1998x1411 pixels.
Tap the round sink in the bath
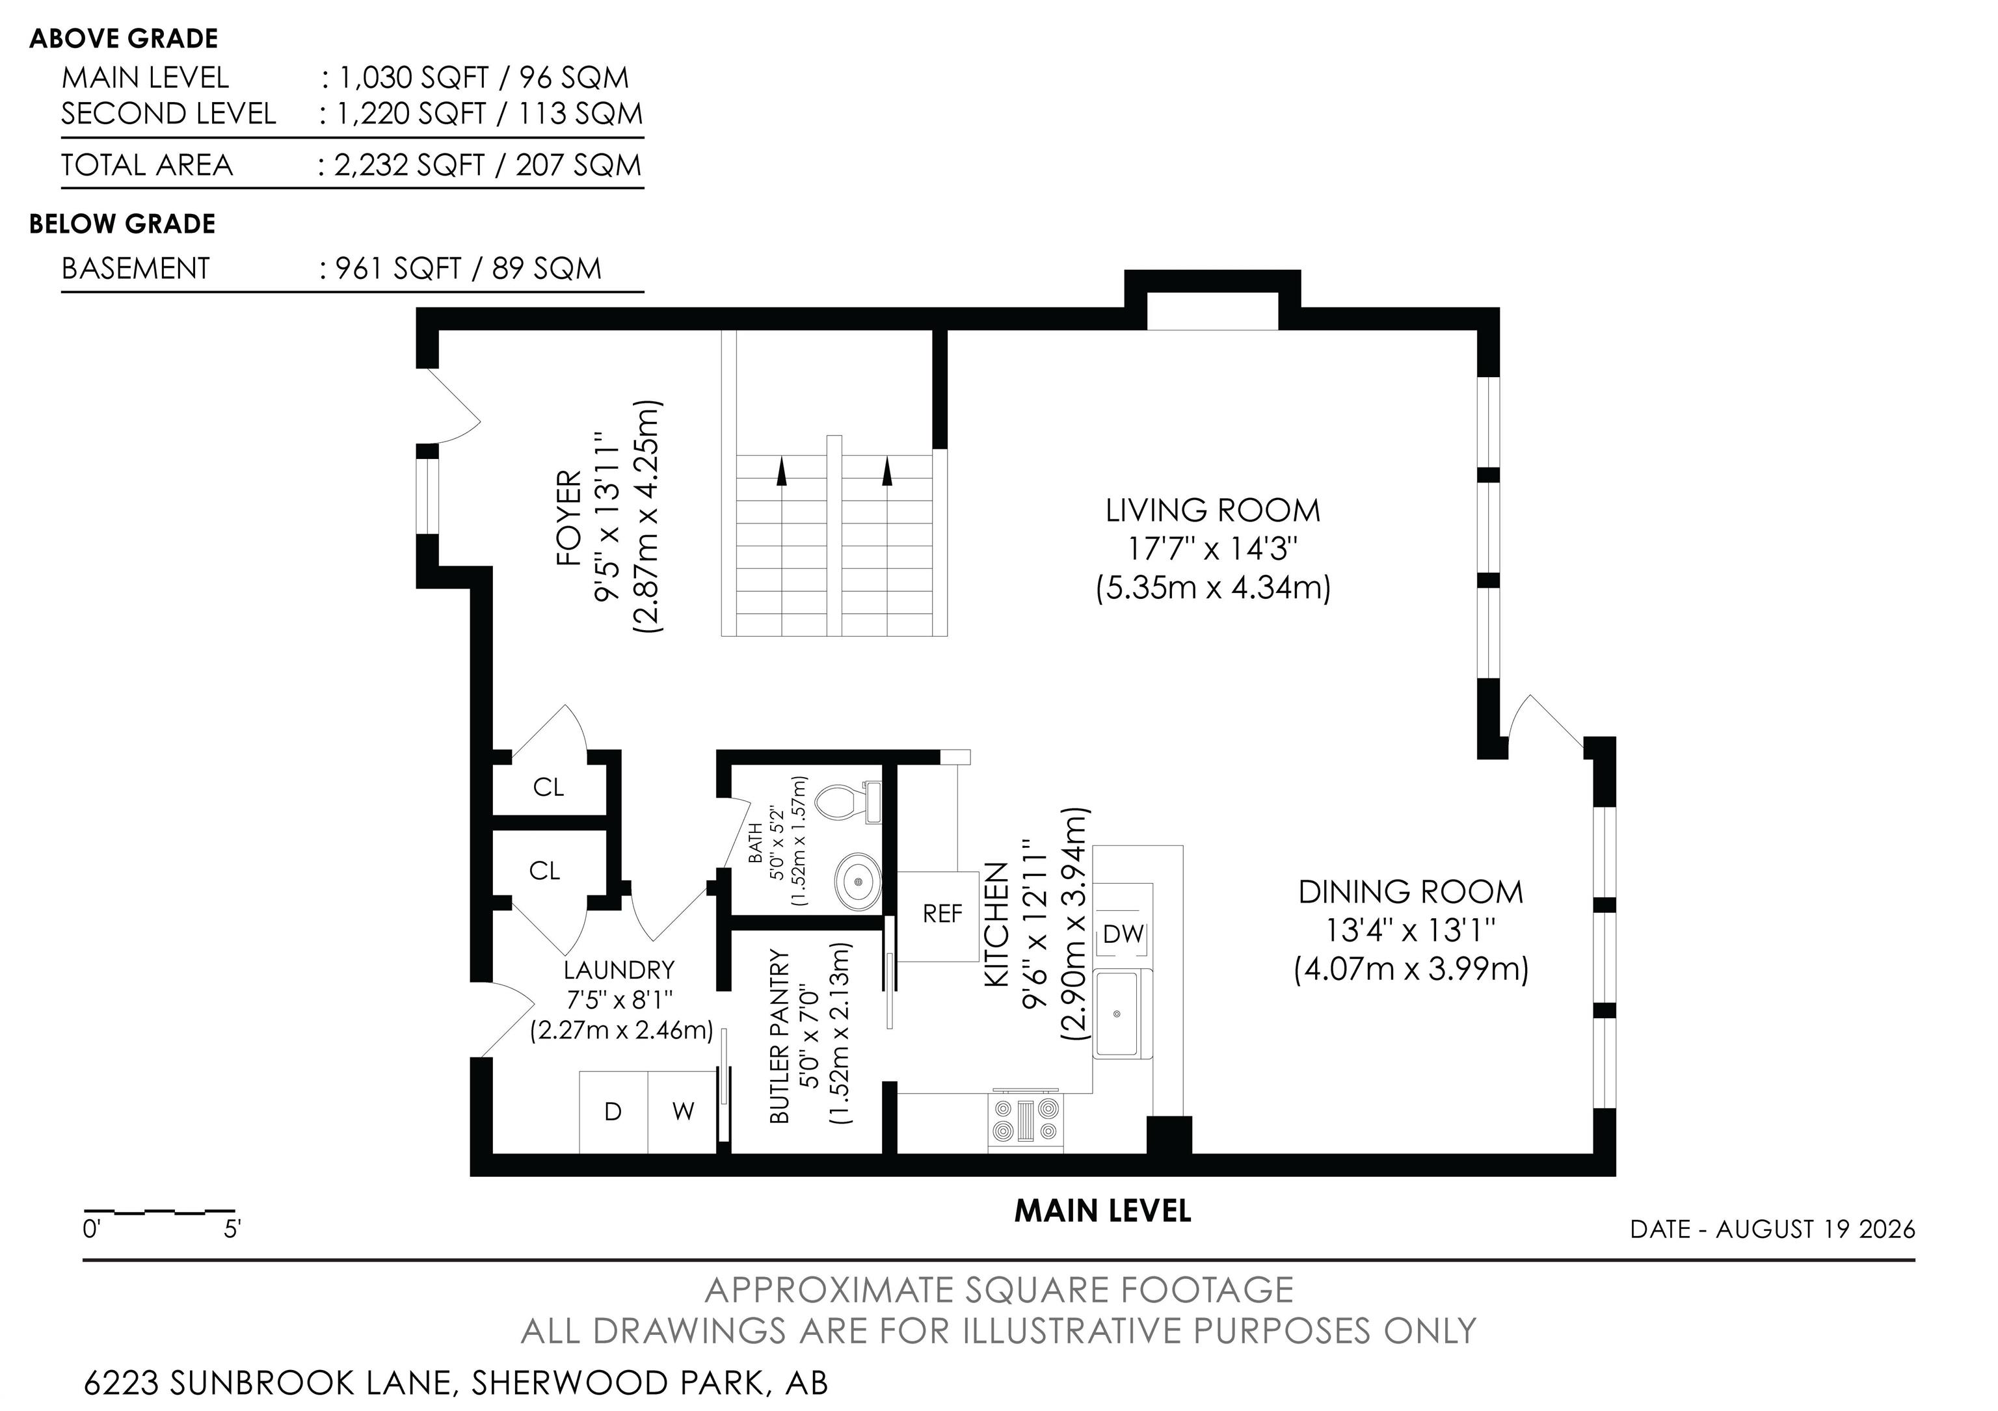pos(858,881)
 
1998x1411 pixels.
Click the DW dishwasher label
pos(1123,934)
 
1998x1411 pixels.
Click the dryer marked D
pos(613,1112)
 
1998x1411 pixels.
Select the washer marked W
pos(682,1112)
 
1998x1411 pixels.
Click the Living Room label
pos(1213,510)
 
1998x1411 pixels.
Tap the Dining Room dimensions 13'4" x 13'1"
pos(1411,930)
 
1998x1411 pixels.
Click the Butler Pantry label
pos(780,1035)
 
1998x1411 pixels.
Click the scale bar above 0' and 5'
pos(159,1211)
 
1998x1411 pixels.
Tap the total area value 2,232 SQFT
pos(409,165)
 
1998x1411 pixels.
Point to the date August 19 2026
pos(1815,1229)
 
